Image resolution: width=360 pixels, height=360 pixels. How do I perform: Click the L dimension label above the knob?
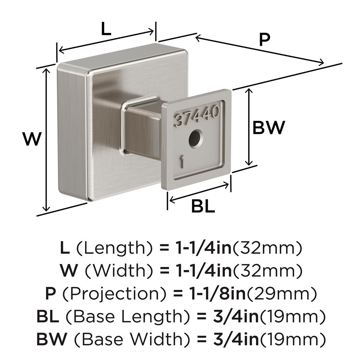[106, 29]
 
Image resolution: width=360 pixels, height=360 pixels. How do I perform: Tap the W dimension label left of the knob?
[32, 139]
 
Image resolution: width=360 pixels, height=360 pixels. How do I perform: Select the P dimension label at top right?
[264, 39]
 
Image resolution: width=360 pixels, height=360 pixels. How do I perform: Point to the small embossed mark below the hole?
[182, 161]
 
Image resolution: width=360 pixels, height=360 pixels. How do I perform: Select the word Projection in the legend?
[114, 294]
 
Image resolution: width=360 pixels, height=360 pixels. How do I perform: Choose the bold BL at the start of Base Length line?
[48, 316]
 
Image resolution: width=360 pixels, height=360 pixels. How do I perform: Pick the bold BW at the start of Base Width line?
[52, 339]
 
